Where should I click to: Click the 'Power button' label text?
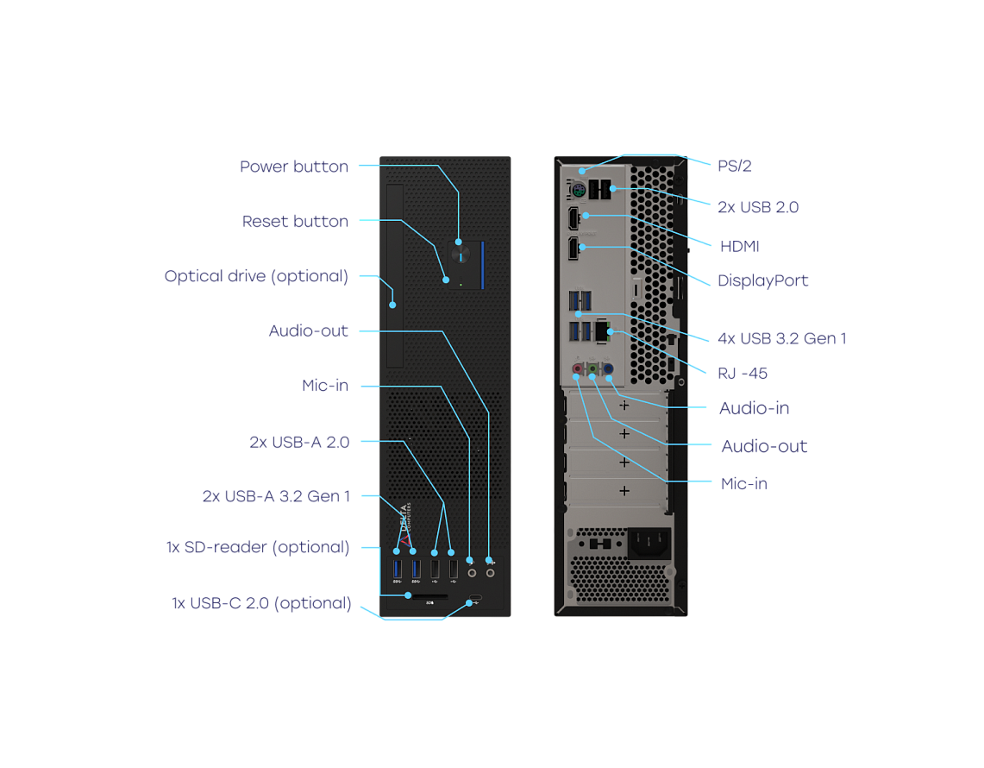tap(294, 167)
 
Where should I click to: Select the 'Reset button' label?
tap(295, 222)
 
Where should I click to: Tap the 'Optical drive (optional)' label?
tap(256, 277)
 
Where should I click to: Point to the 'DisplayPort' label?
tap(763, 280)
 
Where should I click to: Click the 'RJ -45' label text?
tap(743, 374)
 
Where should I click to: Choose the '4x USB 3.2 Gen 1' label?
tap(781, 338)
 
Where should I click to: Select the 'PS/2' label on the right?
tap(735, 166)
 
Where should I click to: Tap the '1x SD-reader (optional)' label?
tap(258, 547)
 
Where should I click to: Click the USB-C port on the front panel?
tap(475, 601)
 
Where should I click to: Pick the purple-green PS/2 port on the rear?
tap(579, 189)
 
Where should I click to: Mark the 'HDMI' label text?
tap(740, 247)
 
